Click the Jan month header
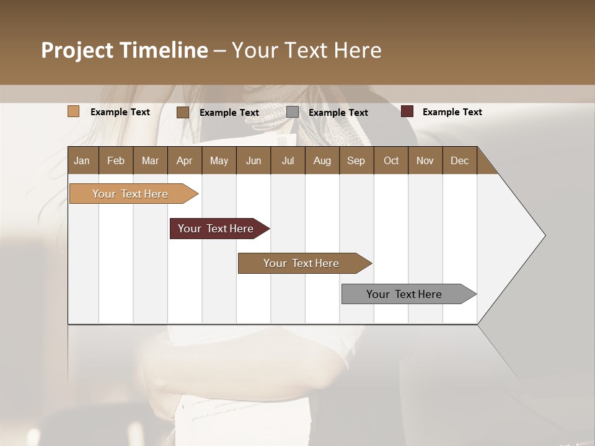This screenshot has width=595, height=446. click(x=82, y=160)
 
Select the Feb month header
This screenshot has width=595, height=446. click(x=116, y=160)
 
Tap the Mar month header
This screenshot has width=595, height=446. click(x=150, y=160)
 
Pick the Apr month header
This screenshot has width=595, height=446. click(x=184, y=160)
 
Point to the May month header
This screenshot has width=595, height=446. click(x=219, y=160)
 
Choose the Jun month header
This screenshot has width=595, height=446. click(x=253, y=160)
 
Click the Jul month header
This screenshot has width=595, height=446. click(x=288, y=160)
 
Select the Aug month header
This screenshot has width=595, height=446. click(x=322, y=160)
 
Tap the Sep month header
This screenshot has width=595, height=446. click(x=356, y=160)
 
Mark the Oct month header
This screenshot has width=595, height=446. click(x=391, y=160)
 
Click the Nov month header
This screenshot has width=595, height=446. click(x=425, y=160)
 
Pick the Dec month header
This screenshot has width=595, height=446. click(x=459, y=160)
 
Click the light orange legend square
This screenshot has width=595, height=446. click(x=74, y=111)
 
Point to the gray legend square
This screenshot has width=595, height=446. click(x=293, y=112)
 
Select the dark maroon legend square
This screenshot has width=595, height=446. click(x=407, y=111)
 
